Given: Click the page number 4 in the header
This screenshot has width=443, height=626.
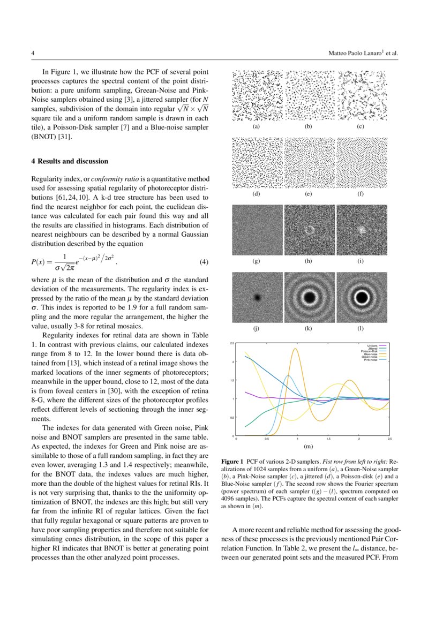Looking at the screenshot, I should pos(33,54).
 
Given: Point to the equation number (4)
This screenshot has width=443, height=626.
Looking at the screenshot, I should pos(204,262).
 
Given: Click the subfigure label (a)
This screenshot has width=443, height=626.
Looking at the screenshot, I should pos(257,127).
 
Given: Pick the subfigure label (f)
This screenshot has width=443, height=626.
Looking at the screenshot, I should pos(361,194).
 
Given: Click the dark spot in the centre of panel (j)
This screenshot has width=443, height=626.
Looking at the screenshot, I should pos(257,296).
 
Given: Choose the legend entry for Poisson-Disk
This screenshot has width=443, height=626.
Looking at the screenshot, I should pos(370,351).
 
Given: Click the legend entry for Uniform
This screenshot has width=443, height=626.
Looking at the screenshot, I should pos(372,345).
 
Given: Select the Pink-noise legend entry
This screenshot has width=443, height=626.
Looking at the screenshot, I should pos(370,360).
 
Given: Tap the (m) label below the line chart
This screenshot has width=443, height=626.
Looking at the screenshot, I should pos(309,446).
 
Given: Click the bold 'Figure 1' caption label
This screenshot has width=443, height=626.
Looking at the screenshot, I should pos(232,461).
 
